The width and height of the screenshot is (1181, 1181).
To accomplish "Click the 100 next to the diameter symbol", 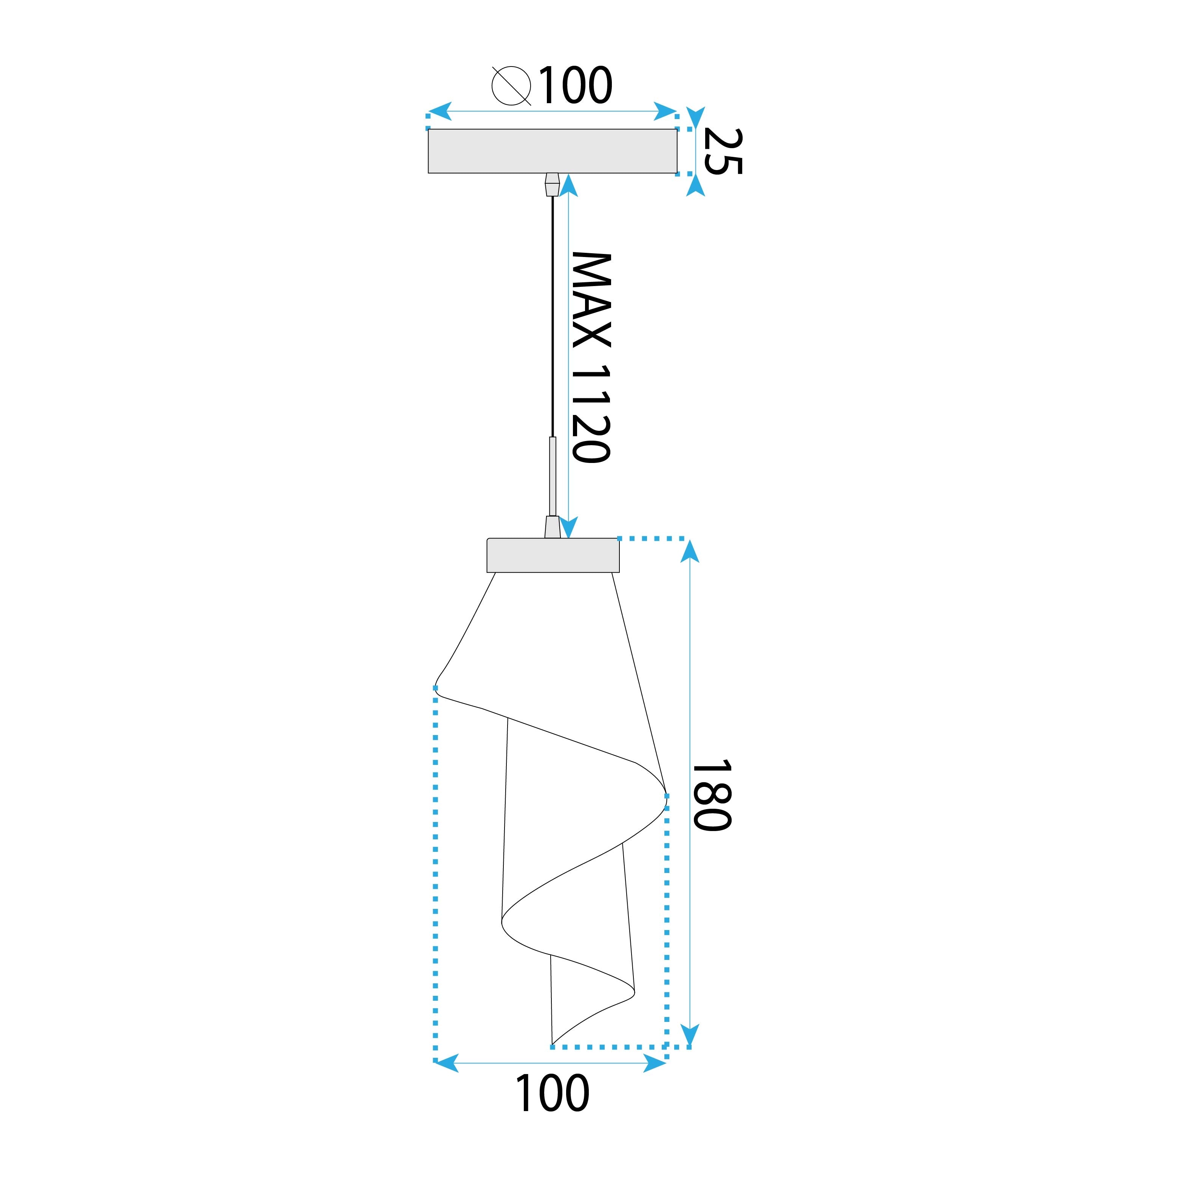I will pos(574,85).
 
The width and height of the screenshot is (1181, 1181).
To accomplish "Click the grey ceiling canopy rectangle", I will pos(552,151).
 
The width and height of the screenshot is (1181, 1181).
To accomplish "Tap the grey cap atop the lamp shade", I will pos(553,555).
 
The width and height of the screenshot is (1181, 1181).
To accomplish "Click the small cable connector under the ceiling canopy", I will pos(552,184).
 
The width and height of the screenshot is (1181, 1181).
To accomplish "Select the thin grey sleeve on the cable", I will pos(553,477).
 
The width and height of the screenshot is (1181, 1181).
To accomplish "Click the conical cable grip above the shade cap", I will pos(552,527).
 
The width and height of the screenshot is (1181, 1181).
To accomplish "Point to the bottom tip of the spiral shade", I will pos(553,1043).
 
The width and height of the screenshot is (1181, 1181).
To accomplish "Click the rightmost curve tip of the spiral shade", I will pos(665,796).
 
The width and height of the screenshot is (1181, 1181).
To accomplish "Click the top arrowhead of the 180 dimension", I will pos(690,551).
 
